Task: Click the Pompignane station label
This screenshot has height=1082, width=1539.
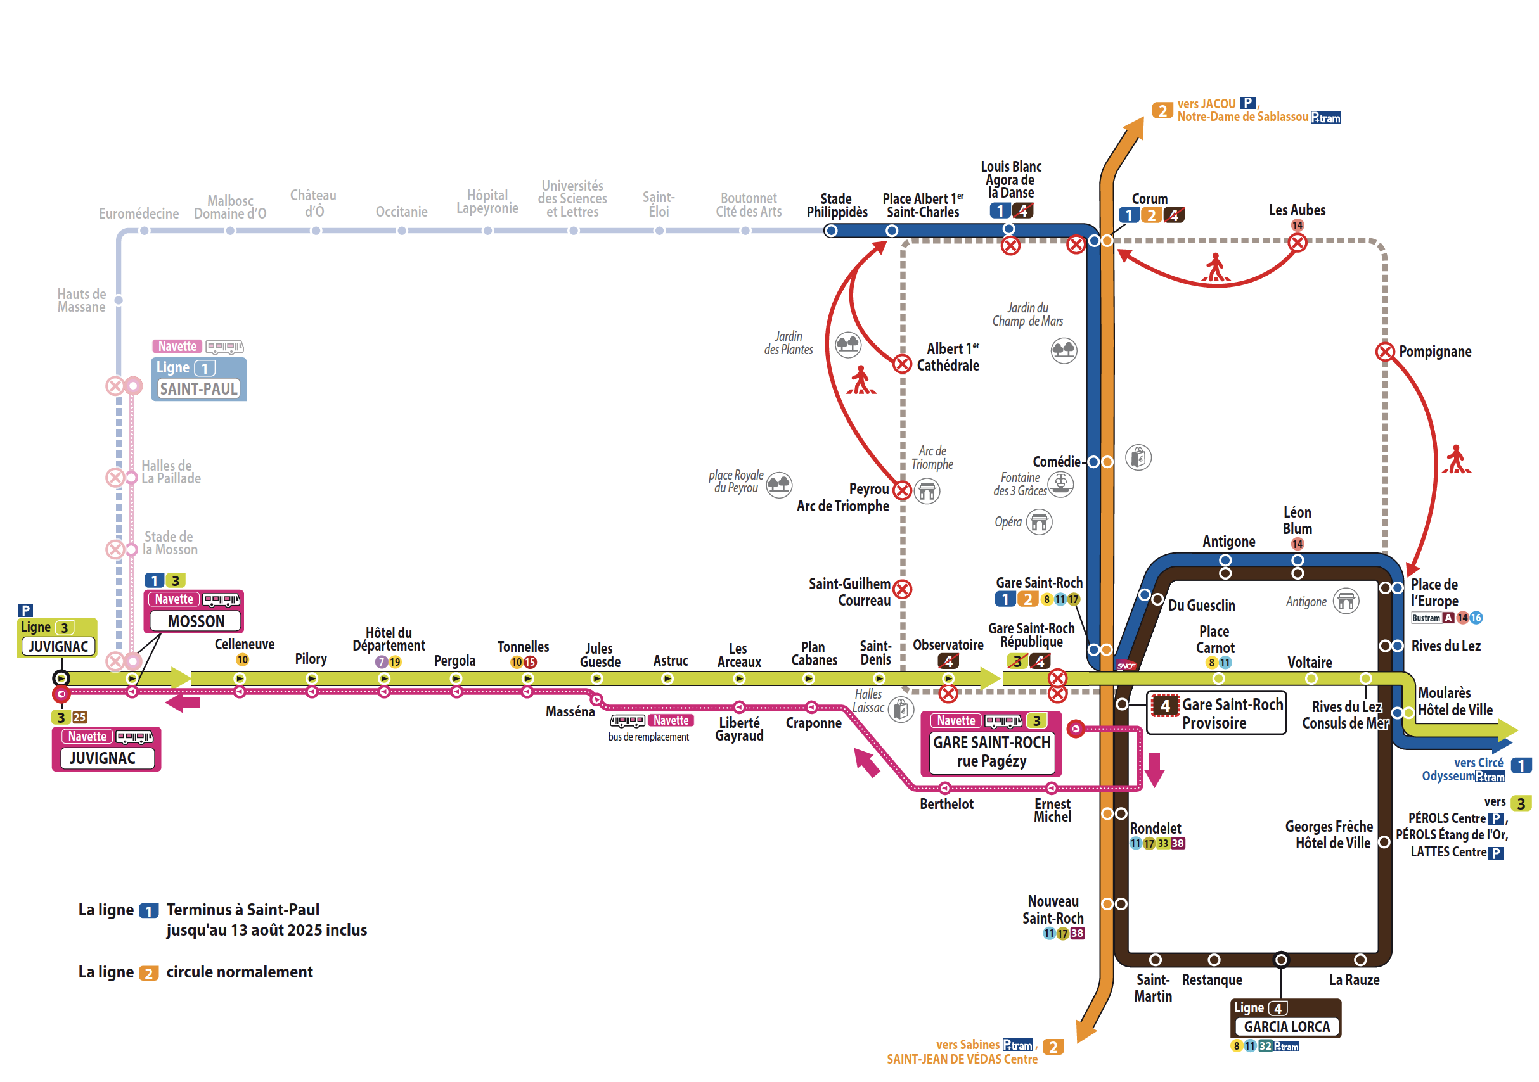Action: pyautogui.click(x=1434, y=352)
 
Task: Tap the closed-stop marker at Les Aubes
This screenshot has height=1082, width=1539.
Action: pyautogui.click(x=1297, y=243)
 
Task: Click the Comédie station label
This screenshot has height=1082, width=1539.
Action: pyautogui.click(x=1056, y=462)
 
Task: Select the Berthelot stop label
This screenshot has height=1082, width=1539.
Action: pyautogui.click(x=946, y=804)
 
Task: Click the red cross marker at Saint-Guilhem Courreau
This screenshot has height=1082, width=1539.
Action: pyautogui.click(x=902, y=590)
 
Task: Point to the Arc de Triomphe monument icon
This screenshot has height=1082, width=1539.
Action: pyautogui.click(x=927, y=491)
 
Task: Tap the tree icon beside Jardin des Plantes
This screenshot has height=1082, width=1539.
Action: pyautogui.click(x=848, y=345)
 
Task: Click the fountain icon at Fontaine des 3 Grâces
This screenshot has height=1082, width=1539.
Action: pyautogui.click(x=1060, y=483)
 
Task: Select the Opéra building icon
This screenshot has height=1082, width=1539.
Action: pyautogui.click(x=1039, y=522)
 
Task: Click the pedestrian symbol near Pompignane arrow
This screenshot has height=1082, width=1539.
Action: pyautogui.click(x=1456, y=461)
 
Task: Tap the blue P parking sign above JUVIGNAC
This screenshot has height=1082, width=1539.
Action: pyautogui.click(x=25, y=609)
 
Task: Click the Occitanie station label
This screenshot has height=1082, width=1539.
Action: pyautogui.click(x=401, y=212)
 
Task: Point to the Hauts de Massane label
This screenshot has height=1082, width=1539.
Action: pyautogui.click(x=81, y=300)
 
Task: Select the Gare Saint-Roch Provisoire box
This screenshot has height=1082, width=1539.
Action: pyautogui.click(x=1216, y=713)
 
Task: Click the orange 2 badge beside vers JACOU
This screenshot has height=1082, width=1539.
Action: pyautogui.click(x=1162, y=110)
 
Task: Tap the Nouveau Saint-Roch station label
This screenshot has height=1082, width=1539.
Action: pyautogui.click(x=1052, y=909)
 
